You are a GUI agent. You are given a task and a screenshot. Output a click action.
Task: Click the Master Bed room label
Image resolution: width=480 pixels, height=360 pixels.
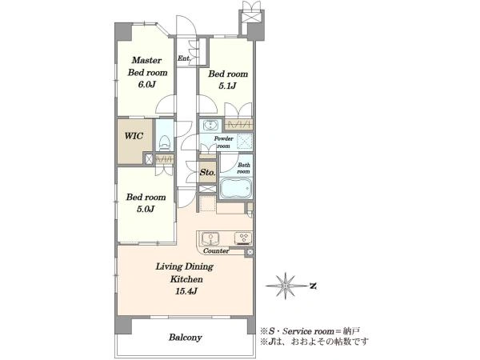point(147,66)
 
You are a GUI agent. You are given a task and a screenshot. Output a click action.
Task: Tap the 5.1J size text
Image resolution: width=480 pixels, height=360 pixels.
point(227,86)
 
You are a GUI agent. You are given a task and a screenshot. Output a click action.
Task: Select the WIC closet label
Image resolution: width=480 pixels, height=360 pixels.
point(134,136)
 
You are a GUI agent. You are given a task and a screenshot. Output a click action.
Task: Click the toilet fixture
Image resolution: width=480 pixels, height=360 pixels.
point(165,143)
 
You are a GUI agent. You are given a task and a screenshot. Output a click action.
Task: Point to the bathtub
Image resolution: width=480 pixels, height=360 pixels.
point(236,188)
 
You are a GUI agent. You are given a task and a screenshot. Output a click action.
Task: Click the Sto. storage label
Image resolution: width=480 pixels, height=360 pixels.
point(207,172)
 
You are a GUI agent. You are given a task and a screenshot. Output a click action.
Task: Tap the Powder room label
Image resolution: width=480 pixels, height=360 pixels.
point(223,142)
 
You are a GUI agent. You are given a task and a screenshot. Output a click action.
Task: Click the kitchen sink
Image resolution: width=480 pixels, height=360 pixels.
point(210,238)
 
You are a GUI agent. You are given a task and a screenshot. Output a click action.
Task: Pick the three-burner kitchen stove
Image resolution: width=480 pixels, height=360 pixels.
point(243,238)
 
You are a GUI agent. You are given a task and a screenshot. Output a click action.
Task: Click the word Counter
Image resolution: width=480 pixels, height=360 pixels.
point(216,251)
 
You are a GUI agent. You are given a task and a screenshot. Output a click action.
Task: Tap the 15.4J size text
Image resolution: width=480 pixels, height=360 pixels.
point(186,291)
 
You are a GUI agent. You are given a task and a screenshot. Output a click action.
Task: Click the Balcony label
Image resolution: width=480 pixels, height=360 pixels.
point(186,338)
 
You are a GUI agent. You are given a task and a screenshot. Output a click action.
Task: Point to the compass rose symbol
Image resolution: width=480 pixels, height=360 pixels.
point(286,286)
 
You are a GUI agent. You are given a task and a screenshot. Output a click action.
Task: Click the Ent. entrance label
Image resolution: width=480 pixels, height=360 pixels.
point(184,58)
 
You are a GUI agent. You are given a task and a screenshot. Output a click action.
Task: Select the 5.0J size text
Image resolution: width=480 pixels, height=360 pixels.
point(146,209)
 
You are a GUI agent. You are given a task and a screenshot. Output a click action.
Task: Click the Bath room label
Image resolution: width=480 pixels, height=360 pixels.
point(244,168)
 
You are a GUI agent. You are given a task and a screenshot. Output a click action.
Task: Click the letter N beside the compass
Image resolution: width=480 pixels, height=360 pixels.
point(313,286)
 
